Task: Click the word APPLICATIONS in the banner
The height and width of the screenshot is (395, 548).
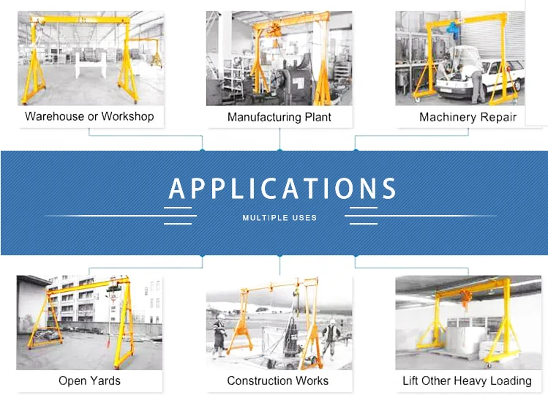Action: pyautogui.click(x=282, y=189)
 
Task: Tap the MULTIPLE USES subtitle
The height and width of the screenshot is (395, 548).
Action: pyautogui.click(x=279, y=218)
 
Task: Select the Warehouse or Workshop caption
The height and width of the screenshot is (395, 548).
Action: pyautogui.click(x=89, y=116)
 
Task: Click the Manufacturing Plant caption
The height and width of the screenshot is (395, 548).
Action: pyautogui.click(x=279, y=117)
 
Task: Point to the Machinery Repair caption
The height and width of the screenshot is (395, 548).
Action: pyautogui.click(x=468, y=117)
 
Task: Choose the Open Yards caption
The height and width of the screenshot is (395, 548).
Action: pyautogui.click(x=89, y=380)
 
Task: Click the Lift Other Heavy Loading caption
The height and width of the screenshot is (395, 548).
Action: pyautogui.click(x=467, y=380)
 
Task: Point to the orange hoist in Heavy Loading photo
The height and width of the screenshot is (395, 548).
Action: pyautogui.click(x=464, y=298)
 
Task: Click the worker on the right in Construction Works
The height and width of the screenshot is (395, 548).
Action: pyautogui.click(x=331, y=334)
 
